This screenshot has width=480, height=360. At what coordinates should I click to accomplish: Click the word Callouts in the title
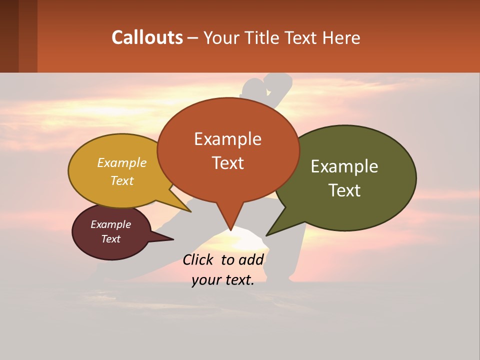(x=147, y=37)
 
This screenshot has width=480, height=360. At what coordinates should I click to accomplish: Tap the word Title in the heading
(x=261, y=37)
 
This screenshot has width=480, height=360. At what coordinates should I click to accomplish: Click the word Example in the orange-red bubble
(x=227, y=139)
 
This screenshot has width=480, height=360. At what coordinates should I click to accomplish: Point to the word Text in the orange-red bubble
(x=227, y=163)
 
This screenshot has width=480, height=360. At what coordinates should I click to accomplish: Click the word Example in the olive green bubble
(x=344, y=166)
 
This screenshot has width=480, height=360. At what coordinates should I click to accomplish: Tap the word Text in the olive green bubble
(x=344, y=190)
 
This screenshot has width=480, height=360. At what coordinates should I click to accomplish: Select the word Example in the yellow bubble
(x=122, y=163)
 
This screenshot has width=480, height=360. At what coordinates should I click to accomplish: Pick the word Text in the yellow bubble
(x=122, y=180)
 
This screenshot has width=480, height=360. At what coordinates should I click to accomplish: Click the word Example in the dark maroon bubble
(x=110, y=224)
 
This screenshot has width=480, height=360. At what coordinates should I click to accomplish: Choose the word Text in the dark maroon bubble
(x=110, y=239)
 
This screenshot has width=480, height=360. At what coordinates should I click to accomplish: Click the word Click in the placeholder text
(x=199, y=260)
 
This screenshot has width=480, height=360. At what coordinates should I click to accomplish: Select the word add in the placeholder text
(x=251, y=260)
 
